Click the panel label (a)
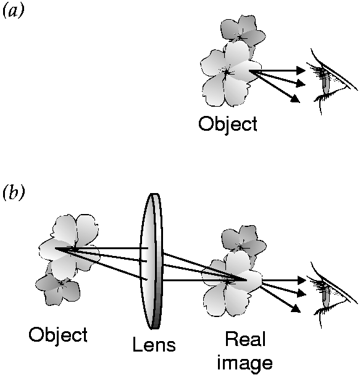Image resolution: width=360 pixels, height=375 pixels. [x=14, y=11]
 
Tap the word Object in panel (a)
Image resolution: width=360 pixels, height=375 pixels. [x=228, y=125]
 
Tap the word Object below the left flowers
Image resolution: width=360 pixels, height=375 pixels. [x=58, y=336]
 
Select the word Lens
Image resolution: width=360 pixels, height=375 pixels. [x=154, y=344]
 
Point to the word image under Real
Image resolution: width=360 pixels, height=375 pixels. [x=245, y=363]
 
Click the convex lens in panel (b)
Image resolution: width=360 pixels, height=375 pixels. [x=151, y=261]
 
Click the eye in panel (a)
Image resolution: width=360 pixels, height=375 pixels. [x=332, y=81]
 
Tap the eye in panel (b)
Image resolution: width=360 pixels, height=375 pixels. [x=332, y=294]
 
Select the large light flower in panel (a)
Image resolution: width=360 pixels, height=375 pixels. [x=230, y=74]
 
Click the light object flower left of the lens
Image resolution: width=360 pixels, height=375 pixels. [x=69, y=246]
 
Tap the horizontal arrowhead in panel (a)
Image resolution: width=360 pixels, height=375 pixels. [x=301, y=70]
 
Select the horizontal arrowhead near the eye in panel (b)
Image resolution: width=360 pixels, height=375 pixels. [x=301, y=280]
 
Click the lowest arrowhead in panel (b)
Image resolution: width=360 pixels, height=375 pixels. [x=296, y=308]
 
